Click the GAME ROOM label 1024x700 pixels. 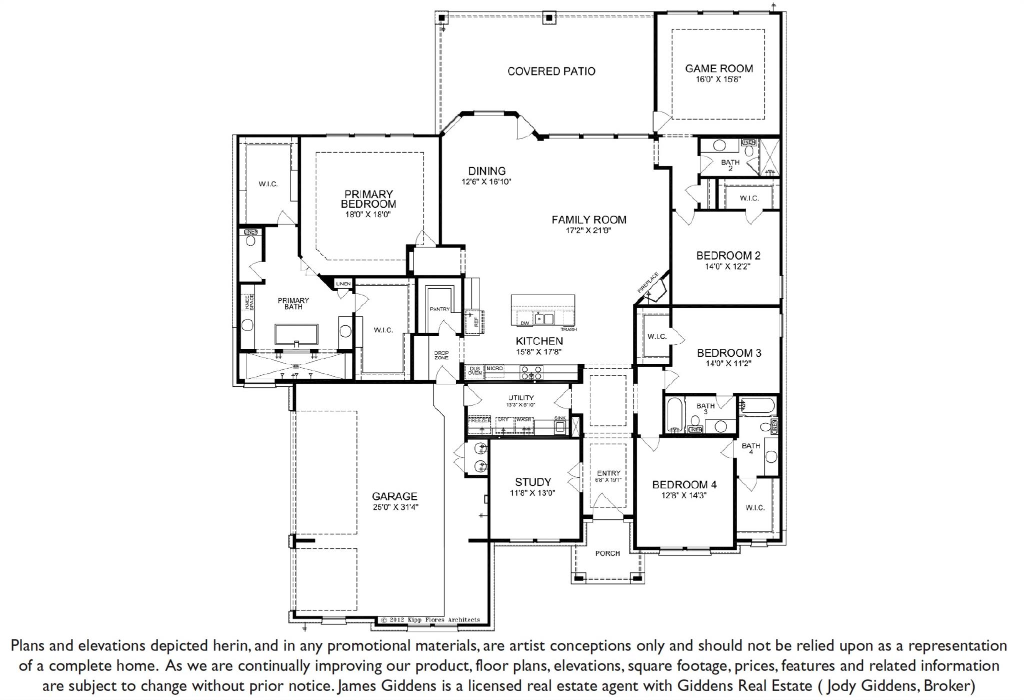[718, 69]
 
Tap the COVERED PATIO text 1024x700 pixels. [551, 72]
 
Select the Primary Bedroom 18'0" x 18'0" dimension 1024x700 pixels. [367, 215]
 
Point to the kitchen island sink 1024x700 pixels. [543, 318]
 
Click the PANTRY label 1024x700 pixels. [439, 309]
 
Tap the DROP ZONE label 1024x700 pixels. [441, 355]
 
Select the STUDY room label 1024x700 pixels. [532, 482]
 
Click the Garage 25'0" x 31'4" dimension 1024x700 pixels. [394, 507]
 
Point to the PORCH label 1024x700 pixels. [607, 553]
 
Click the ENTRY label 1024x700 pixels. [608, 473]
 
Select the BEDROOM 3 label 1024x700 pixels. [729, 353]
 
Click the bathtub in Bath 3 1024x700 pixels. [673, 415]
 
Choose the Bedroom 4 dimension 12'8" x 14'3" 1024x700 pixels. [684, 495]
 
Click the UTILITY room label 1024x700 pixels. [521, 398]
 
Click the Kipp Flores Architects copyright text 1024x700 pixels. [430, 619]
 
